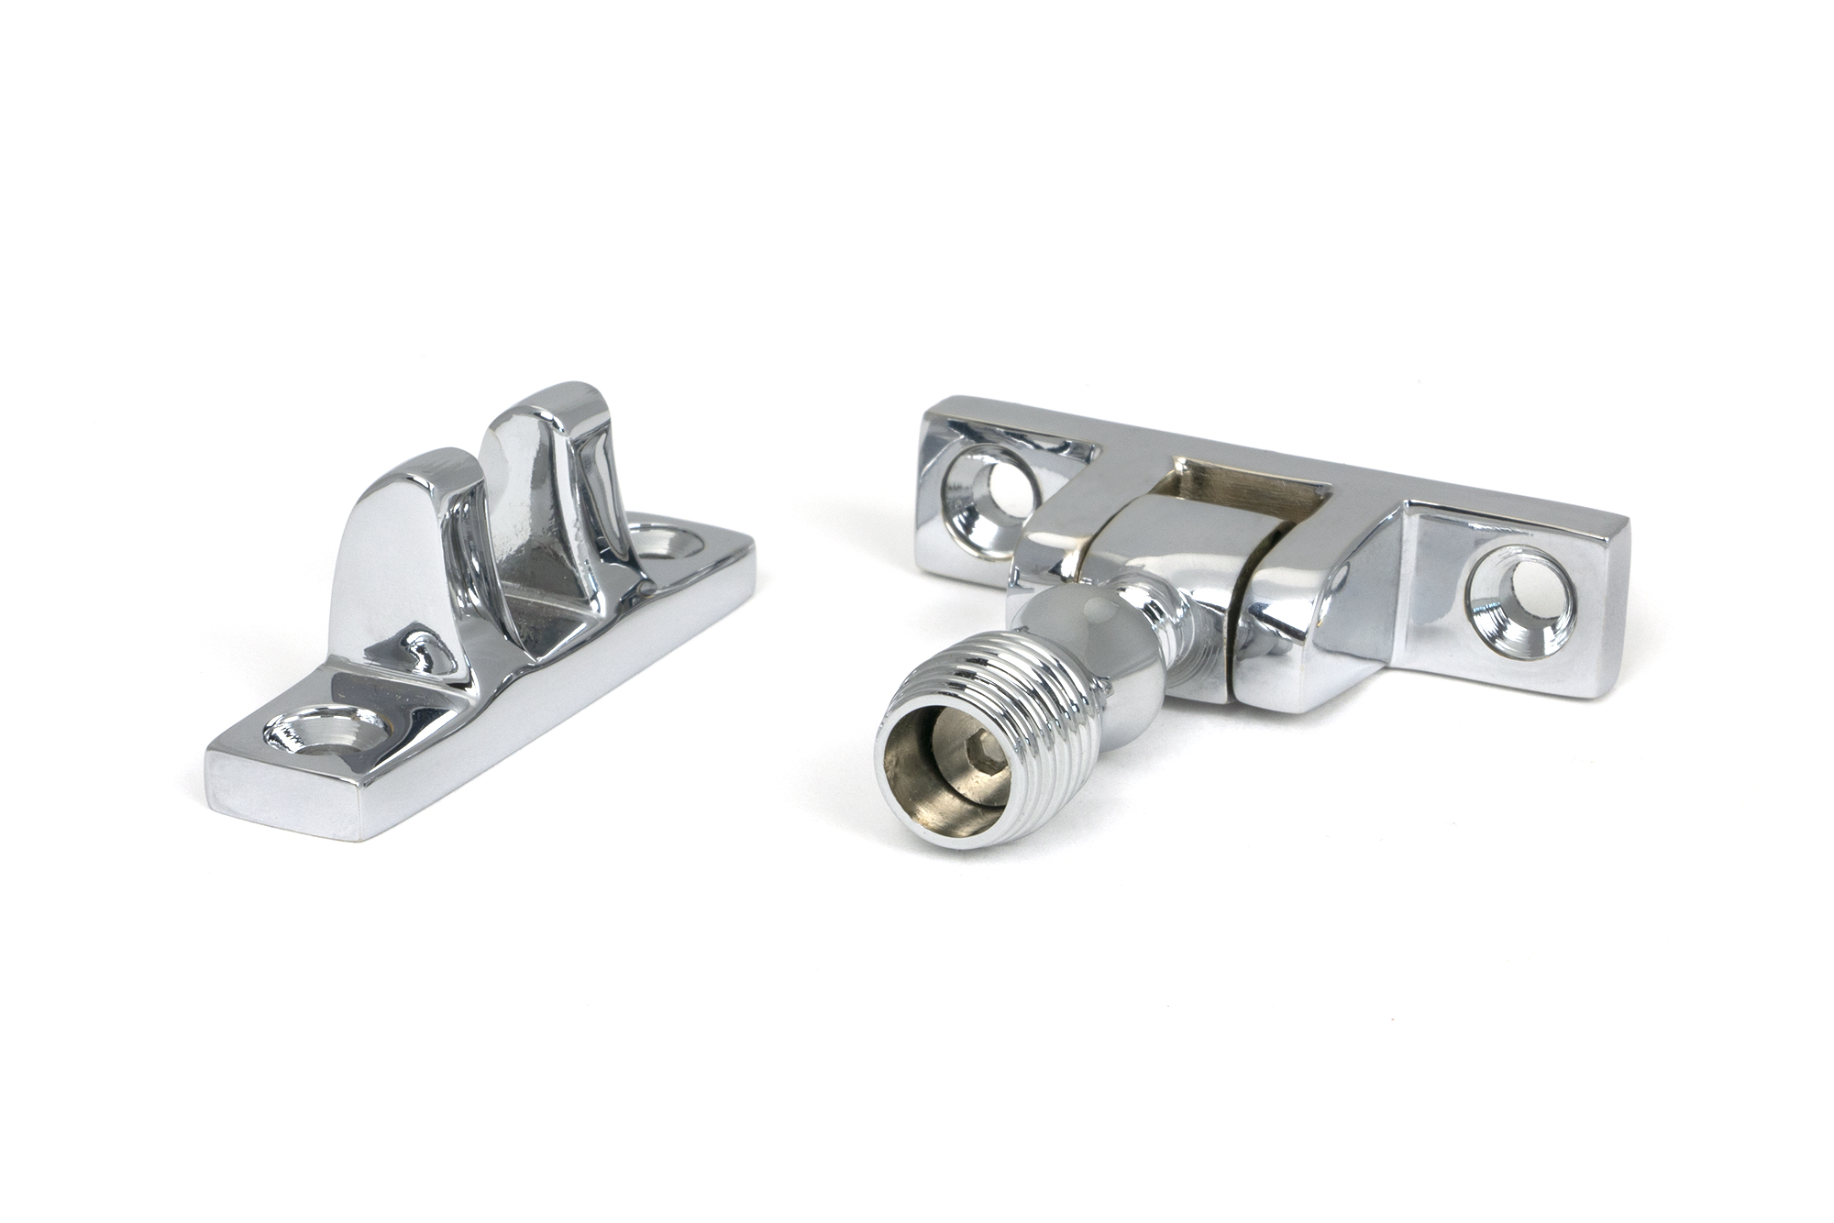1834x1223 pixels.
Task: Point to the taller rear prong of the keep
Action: click(x=541, y=477)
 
